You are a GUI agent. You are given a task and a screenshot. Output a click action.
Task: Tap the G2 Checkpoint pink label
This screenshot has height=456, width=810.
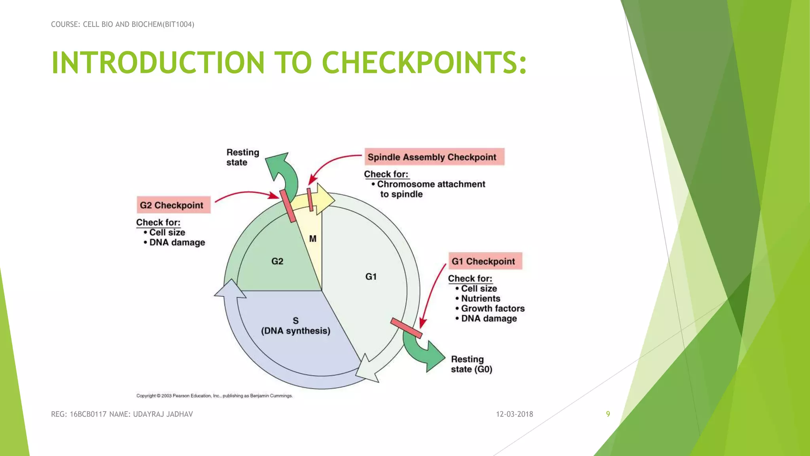pyautogui.click(x=173, y=205)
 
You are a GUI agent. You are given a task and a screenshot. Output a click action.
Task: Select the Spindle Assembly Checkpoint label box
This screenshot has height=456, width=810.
pyautogui.click(x=433, y=157)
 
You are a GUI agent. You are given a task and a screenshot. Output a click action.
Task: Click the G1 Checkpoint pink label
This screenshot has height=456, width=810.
pyautogui.click(x=485, y=261)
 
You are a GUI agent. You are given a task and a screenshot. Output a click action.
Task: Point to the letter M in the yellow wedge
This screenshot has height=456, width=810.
pyautogui.click(x=313, y=239)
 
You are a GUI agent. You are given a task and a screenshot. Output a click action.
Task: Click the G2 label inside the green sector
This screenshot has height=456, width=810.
pyautogui.click(x=277, y=261)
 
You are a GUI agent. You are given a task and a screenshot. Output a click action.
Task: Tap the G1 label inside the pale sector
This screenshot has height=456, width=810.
pyautogui.click(x=371, y=276)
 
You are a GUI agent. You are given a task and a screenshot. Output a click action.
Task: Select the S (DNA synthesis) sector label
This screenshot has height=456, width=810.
pyautogui.click(x=295, y=326)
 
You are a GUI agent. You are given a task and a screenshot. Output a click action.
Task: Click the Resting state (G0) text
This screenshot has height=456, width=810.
pyautogui.click(x=471, y=364)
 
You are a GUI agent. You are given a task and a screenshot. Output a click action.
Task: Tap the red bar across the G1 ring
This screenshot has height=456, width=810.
pyautogui.click(x=406, y=328)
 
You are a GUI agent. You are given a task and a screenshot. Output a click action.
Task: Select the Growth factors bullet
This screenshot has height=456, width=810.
pyautogui.click(x=492, y=308)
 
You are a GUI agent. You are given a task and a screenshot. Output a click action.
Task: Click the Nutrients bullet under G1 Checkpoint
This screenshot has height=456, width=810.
pyautogui.click(x=480, y=298)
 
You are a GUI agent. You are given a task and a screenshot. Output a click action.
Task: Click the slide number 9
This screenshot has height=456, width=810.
pyautogui.click(x=608, y=414)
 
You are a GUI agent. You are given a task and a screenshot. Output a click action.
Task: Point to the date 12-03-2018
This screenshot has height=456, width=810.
pyautogui.click(x=514, y=414)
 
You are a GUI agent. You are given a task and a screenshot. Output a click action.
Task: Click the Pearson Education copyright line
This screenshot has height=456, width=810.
pyautogui.click(x=214, y=395)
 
